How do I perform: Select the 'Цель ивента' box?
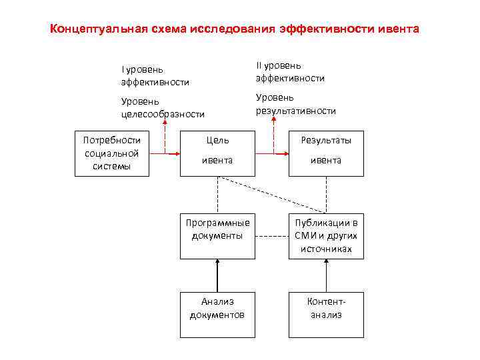click(x=217, y=153)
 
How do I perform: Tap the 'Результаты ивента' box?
click(x=326, y=153)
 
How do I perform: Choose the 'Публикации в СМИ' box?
click(x=326, y=235)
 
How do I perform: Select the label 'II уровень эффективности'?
click(x=290, y=72)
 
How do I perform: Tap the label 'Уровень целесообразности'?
click(x=162, y=107)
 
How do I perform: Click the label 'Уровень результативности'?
click(x=295, y=104)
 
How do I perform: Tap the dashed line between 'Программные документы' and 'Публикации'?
click(x=271, y=236)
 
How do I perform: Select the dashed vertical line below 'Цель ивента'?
click(x=217, y=195)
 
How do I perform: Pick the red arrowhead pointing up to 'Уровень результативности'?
click(x=273, y=125)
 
